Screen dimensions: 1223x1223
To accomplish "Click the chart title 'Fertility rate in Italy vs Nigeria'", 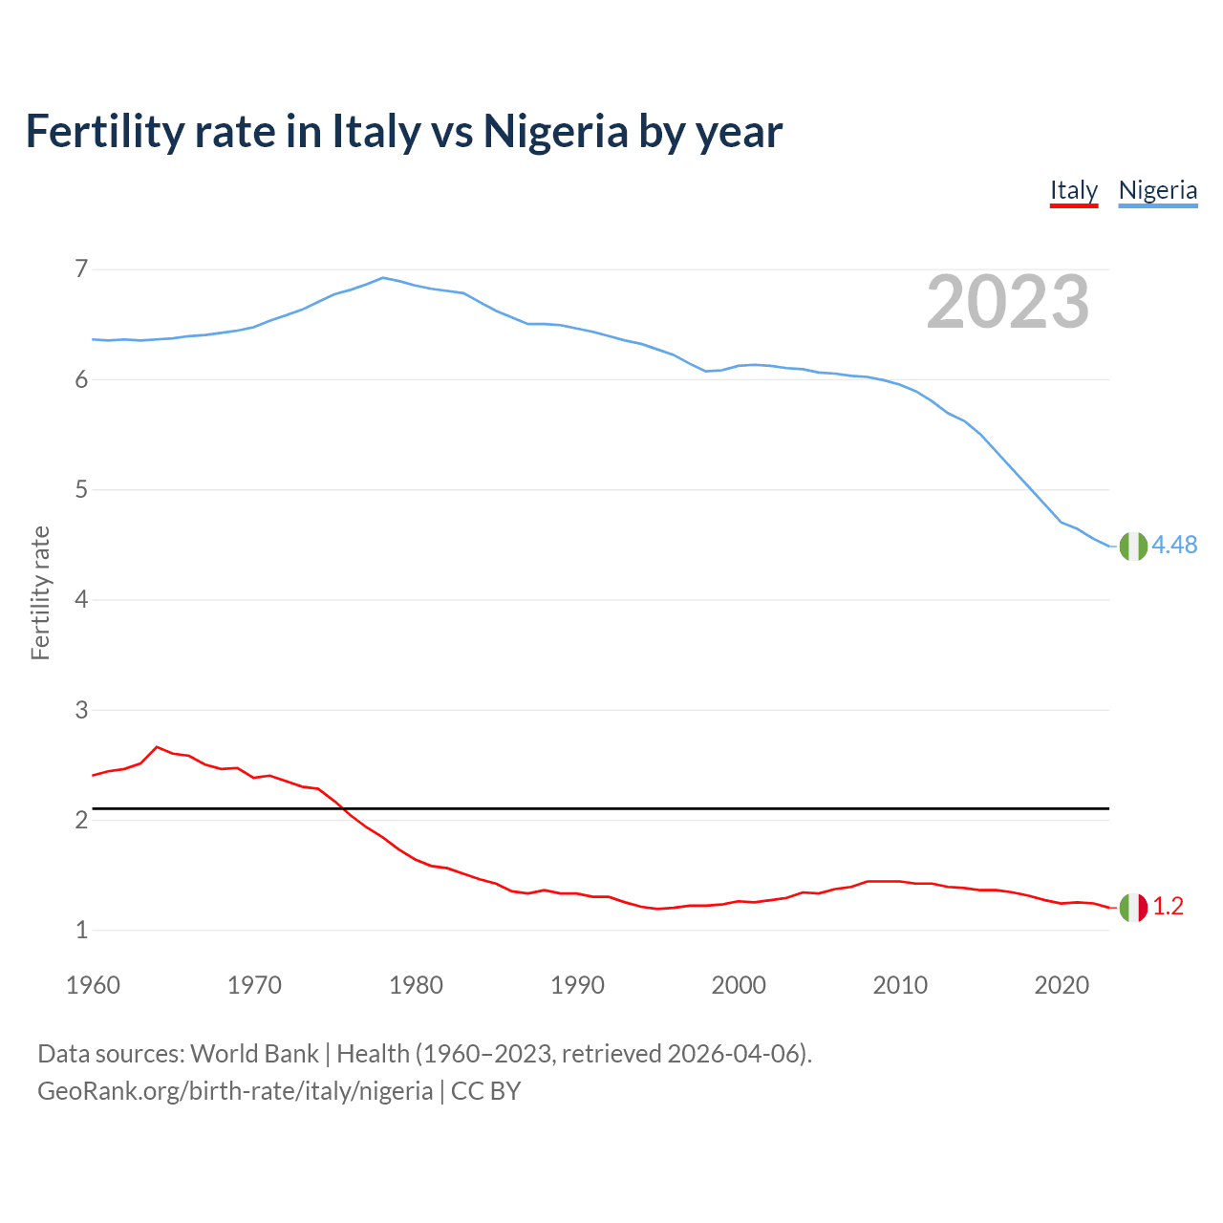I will [403, 131].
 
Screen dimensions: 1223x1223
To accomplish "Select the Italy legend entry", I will [1073, 190].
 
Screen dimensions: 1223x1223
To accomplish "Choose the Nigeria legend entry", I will [1157, 190].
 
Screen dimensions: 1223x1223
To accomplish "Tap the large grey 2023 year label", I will [1008, 302].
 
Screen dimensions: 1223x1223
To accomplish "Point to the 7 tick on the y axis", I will [81, 269].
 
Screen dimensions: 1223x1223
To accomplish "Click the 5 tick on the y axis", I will [81, 490].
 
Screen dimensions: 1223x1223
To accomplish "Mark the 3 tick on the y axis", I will [81, 710].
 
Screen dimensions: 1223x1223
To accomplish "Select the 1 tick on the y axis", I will [81, 930].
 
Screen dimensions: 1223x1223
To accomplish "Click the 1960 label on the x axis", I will [93, 985].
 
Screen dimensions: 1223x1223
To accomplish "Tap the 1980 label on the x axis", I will [416, 985].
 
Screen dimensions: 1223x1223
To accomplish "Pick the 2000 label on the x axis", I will [739, 985].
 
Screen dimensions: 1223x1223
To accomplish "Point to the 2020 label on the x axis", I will [1062, 985].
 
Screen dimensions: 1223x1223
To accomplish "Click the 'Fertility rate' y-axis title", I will [40, 592].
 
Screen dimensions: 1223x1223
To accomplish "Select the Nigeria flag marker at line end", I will [1133, 546].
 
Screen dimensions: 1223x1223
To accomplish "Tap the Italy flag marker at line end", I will [1133, 907].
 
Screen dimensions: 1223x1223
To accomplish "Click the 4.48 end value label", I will [1174, 545].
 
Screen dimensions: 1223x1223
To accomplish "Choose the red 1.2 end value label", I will [1168, 907].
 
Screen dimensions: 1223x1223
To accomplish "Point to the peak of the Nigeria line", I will [383, 278].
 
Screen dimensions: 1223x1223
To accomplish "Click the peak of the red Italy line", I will [157, 747].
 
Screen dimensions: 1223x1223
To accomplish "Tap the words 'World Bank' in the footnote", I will [254, 1054].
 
